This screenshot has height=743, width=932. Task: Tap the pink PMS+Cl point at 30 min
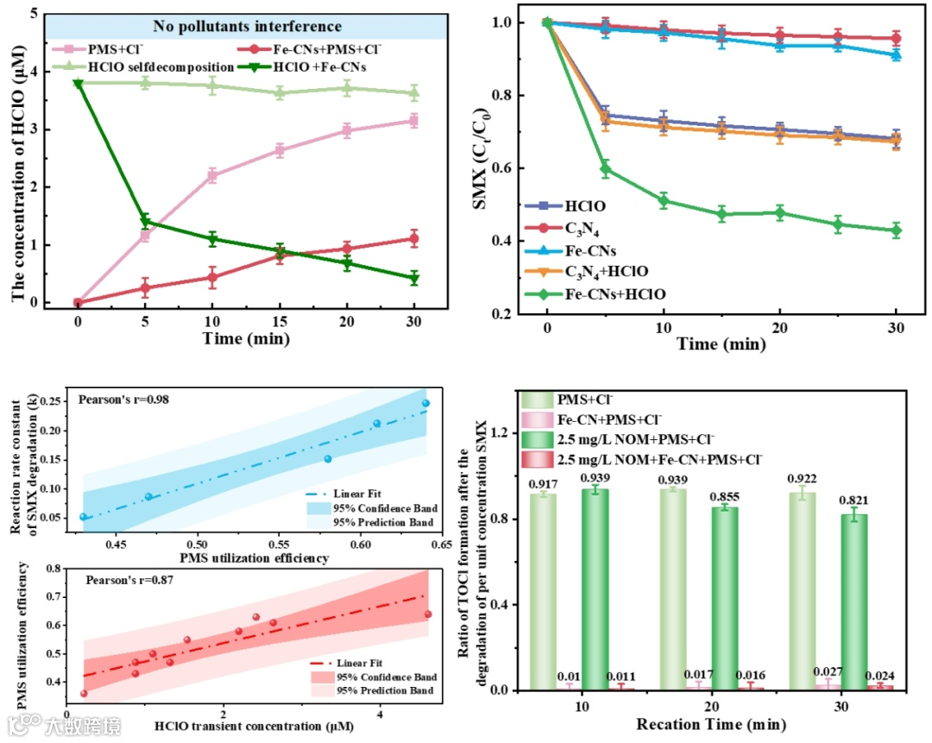pos(414,121)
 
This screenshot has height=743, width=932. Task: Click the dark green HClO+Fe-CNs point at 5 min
pos(145,222)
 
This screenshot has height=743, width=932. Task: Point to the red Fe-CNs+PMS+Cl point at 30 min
pos(414,238)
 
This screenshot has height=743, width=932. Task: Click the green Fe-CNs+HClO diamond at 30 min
pos(896,230)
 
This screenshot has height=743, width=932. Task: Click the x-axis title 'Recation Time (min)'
pos(700,722)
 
